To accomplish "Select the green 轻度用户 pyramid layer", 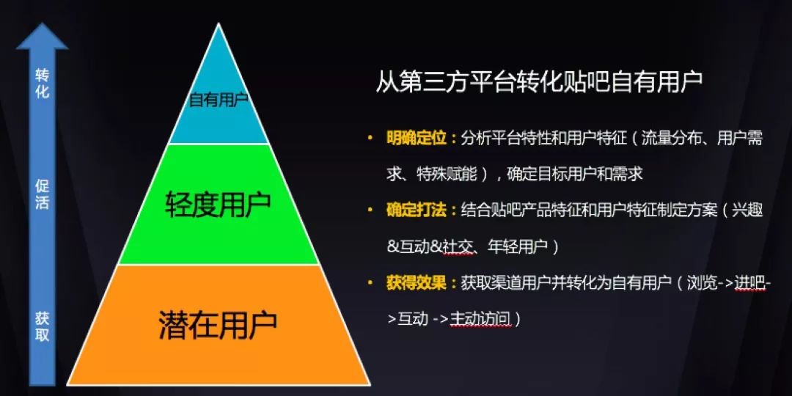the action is click(219, 204).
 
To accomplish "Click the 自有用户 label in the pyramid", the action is click(219, 100).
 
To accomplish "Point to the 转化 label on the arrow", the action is click(43, 84).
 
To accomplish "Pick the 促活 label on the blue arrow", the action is click(43, 194).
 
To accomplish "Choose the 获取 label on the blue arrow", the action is click(43, 326).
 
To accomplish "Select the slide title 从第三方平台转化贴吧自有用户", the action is click(539, 82).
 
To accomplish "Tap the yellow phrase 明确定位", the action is click(417, 139).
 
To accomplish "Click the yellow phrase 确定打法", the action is click(417, 210).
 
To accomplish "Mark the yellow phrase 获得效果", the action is click(417, 283).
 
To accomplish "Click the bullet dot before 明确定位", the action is click(371, 138).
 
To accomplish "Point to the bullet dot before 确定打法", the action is click(371, 210).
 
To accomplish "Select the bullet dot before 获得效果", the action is click(371, 282).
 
